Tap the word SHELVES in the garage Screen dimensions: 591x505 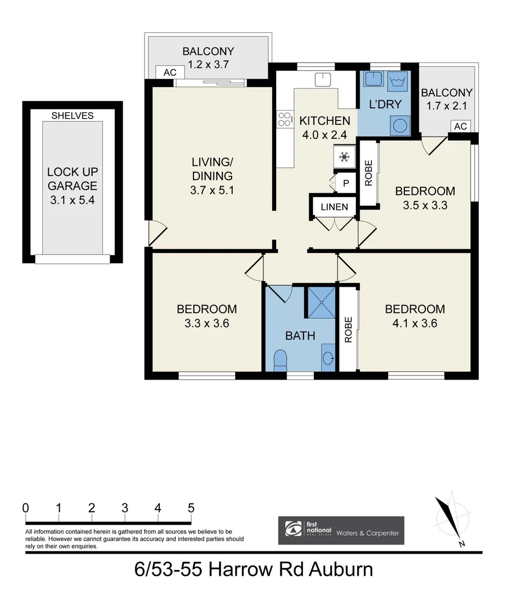72,115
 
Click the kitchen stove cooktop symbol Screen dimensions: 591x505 285,119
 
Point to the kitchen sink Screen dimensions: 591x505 323,79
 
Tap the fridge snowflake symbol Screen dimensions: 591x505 344,158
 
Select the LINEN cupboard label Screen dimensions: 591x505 334,207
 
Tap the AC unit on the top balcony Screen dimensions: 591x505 170,72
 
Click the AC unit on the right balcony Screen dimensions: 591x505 460,126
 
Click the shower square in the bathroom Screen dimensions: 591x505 320,301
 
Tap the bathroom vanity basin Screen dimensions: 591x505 328,358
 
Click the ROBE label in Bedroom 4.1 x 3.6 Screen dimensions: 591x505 348,330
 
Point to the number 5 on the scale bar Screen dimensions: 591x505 191,507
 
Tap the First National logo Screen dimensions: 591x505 294,530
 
